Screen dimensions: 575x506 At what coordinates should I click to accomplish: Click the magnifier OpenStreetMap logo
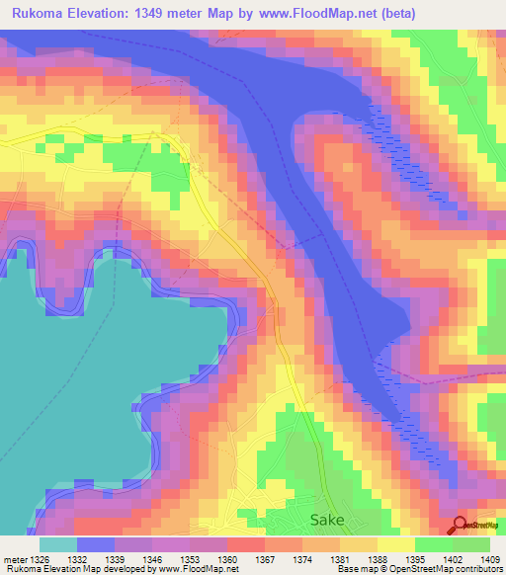pyautogui.click(x=460, y=525)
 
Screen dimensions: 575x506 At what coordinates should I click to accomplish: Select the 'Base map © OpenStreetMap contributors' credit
pyautogui.click(x=418, y=569)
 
